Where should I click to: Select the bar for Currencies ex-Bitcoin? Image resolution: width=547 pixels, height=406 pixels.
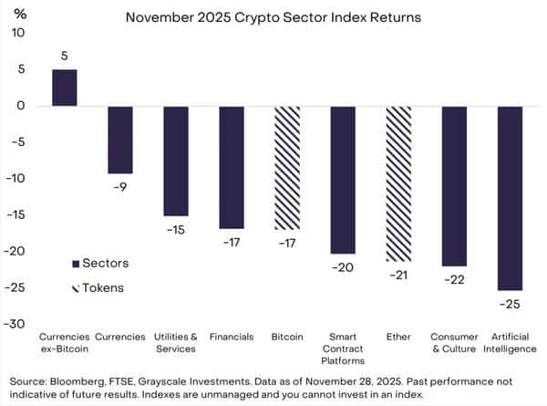click(64, 88)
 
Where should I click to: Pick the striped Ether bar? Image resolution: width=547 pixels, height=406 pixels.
click(398, 183)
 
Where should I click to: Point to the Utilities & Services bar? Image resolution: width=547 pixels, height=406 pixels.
click(175, 161)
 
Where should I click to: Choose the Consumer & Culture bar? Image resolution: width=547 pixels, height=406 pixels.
click(454, 186)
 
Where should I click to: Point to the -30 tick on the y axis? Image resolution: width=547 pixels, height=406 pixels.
click(17, 324)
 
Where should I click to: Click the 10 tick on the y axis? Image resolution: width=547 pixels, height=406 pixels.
click(20, 33)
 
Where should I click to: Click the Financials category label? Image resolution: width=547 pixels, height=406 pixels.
click(231, 337)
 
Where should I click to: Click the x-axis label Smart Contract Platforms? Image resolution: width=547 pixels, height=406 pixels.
click(343, 349)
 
